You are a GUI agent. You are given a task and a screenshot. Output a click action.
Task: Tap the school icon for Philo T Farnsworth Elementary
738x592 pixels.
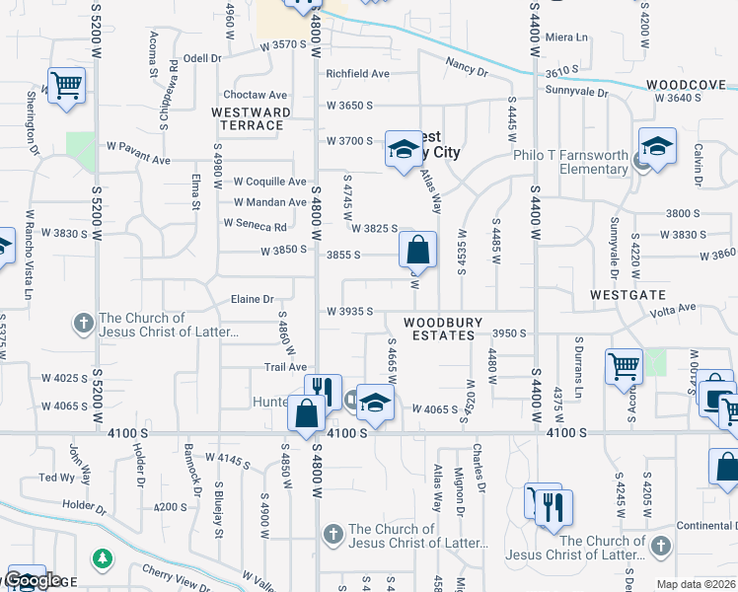pyautogui.click(x=656, y=146)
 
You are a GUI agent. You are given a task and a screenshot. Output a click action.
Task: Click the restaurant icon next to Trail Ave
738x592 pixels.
pyautogui.click(x=322, y=391)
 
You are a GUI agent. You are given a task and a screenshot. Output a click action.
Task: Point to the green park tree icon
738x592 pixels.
pyautogui.click(x=101, y=559)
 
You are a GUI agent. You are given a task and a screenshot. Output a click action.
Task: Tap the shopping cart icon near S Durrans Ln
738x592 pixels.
pyautogui.click(x=625, y=366)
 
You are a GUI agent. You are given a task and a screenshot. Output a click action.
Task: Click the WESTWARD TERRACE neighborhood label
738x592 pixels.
pyautogui.click(x=251, y=119)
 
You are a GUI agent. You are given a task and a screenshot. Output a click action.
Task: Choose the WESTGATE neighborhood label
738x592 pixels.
pyautogui.click(x=627, y=295)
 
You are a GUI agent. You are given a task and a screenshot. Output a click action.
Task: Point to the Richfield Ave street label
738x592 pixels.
pyautogui.click(x=358, y=73)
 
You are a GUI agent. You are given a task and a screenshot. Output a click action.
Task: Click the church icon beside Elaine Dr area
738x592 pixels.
pyautogui.click(x=83, y=323)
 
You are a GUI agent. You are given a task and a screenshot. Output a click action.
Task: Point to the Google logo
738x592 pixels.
pyautogui.click(x=33, y=581)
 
